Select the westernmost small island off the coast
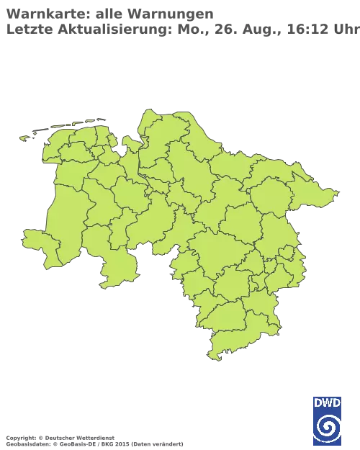[x=24, y=138]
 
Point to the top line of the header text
[x=108, y=12]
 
